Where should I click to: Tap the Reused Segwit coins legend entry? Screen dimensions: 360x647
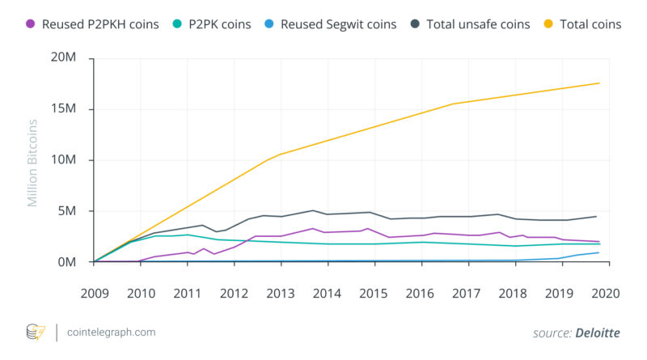click(338, 24)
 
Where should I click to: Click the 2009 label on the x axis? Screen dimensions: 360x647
click(95, 293)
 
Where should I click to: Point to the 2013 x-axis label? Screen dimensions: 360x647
click(280, 293)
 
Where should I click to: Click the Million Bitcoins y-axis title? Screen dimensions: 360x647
click(33, 163)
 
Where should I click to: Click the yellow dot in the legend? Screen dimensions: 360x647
click(545, 24)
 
